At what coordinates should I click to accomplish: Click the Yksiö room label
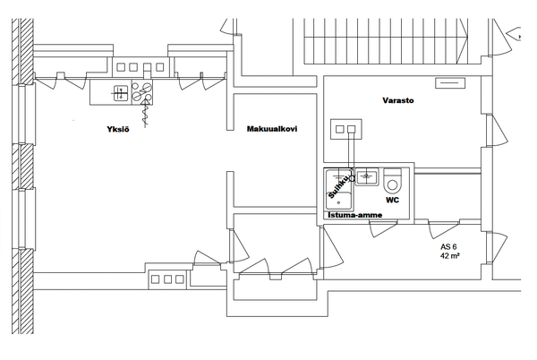(x=118, y=129)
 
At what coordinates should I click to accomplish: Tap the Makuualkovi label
(x=272, y=129)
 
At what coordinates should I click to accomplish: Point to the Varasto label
(x=398, y=100)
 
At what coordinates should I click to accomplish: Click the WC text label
(x=392, y=200)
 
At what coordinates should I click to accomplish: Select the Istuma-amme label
(x=355, y=215)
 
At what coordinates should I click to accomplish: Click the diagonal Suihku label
(x=338, y=186)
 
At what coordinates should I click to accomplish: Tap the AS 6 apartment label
(x=448, y=246)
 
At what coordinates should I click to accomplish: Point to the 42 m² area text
(x=450, y=255)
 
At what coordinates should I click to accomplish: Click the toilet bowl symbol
(x=392, y=181)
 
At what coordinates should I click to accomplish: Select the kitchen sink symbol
(x=121, y=93)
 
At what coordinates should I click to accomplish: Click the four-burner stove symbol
(x=142, y=92)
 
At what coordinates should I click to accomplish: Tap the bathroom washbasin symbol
(x=366, y=176)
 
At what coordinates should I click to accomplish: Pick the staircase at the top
(x=386, y=41)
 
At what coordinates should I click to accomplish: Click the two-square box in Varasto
(x=345, y=129)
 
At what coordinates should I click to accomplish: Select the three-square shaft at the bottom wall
(x=167, y=279)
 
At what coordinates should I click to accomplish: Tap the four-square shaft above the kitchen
(x=140, y=67)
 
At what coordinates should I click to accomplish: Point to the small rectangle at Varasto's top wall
(x=450, y=83)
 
